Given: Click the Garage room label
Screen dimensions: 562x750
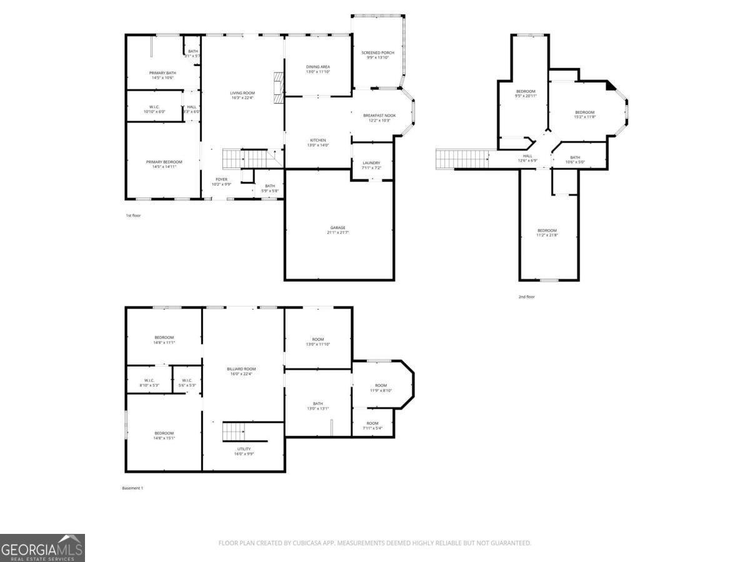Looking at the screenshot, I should (x=338, y=227).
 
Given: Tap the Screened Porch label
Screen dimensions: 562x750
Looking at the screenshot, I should (x=377, y=52).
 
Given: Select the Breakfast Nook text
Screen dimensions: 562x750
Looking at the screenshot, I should (x=379, y=115).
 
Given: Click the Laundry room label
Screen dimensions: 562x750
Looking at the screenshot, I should (x=371, y=163).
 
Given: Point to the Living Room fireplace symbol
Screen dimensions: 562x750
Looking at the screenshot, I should (x=279, y=84).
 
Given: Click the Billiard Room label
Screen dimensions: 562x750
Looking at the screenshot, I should (x=241, y=369).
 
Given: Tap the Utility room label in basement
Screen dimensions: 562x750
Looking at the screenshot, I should (x=244, y=449).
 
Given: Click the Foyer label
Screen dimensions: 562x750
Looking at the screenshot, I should (x=222, y=179).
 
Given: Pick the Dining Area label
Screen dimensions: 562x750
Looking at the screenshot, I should (x=318, y=67).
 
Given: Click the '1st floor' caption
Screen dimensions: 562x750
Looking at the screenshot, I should (x=133, y=215).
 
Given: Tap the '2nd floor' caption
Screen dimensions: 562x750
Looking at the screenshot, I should (x=526, y=297).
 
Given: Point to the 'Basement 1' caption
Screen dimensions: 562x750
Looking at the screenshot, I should (x=132, y=488).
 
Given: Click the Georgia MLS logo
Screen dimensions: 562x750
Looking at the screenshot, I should (x=42, y=548).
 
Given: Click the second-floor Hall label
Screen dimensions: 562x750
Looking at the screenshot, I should (x=527, y=156).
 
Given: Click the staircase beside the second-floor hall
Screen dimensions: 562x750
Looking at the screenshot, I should (x=462, y=159).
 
